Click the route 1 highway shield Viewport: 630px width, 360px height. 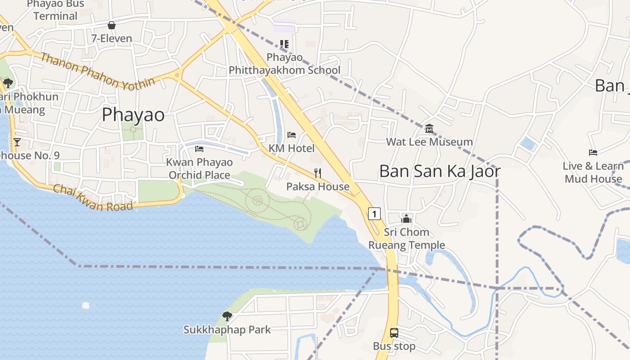(x=374, y=213)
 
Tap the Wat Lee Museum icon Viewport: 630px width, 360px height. (x=429, y=129)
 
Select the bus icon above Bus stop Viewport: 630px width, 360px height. (x=394, y=333)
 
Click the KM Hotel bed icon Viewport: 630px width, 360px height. (x=292, y=135)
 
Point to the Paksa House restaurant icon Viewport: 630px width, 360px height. (x=318, y=173)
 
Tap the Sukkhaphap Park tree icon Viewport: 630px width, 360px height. (x=227, y=316)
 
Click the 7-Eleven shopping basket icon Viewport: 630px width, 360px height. (x=112, y=26)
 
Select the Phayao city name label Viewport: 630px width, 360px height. (x=133, y=115)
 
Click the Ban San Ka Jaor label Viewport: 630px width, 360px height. (x=440, y=171)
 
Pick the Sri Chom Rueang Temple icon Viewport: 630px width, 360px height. (x=406, y=219)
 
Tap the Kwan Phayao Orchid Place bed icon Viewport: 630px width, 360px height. (x=199, y=149)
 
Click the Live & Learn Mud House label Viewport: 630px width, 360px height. (x=593, y=172)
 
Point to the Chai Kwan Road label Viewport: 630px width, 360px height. (x=93, y=198)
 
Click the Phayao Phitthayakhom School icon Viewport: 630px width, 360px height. (x=284, y=44)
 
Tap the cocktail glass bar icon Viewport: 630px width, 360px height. (x=17, y=142)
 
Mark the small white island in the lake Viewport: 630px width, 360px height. (x=86, y=306)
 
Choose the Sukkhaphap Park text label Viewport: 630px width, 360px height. (x=227, y=330)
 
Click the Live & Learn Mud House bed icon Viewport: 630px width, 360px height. (x=593, y=153)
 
